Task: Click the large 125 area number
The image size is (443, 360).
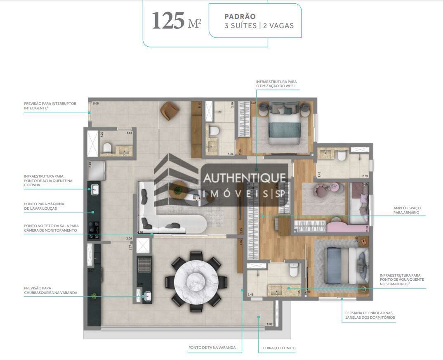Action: pyautogui.click(x=168, y=21)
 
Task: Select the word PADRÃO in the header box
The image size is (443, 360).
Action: pyautogui.click(x=240, y=17)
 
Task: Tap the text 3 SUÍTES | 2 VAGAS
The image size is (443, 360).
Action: pyautogui.click(x=259, y=26)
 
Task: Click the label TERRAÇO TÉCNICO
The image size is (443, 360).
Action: pyautogui.click(x=279, y=348)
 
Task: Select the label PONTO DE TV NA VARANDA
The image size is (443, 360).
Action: pyautogui.click(x=212, y=348)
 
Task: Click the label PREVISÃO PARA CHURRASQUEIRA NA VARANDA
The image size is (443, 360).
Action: pyautogui.click(x=50, y=290)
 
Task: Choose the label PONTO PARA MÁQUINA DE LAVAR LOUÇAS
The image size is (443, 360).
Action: pyautogui.click(x=44, y=206)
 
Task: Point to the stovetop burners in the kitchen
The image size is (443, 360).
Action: pyautogui.click(x=94, y=230)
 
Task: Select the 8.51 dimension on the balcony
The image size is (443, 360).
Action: pyautogui.click(x=269, y=324)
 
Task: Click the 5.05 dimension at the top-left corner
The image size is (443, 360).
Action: pyautogui.click(x=96, y=104)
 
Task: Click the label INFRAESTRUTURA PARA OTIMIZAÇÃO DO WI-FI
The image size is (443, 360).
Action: pyautogui.click(x=276, y=84)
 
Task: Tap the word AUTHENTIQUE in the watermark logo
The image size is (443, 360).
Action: pyautogui.click(x=244, y=178)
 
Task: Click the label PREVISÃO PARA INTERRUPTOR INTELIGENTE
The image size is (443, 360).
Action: pyautogui.click(x=50, y=106)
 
